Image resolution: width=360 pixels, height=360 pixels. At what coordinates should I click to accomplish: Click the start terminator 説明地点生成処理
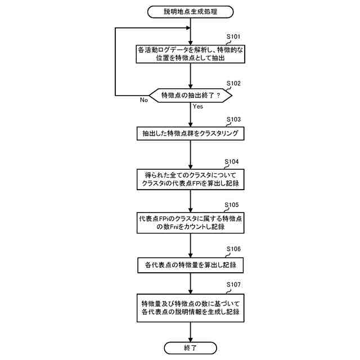pos(191,12)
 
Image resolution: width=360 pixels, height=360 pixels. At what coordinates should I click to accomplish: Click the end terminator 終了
pos(191,348)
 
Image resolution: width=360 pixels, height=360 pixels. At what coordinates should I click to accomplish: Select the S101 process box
pos(191,55)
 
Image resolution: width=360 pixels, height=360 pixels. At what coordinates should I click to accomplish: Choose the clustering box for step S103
pos(191,134)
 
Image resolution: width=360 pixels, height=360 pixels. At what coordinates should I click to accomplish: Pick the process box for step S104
pos(191,179)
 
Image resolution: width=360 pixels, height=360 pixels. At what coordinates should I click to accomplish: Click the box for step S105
pos(191,222)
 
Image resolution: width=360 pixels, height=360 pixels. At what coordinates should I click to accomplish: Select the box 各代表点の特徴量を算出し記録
pos(191,264)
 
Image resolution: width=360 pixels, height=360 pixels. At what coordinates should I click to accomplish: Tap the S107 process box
pos(191,307)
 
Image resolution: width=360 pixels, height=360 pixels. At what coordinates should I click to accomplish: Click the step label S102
pos(233,83)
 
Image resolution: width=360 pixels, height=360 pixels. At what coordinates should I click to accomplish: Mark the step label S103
pos(233,120)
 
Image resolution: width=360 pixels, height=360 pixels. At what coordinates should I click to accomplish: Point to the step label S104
pos(233,161)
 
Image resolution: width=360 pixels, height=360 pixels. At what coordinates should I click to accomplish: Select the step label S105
pos(233,205)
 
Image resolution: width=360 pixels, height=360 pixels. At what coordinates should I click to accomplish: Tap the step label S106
pos(233,248)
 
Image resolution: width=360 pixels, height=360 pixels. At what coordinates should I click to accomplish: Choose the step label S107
pos(233,286)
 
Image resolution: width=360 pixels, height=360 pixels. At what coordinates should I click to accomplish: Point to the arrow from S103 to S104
pos(191,154)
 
